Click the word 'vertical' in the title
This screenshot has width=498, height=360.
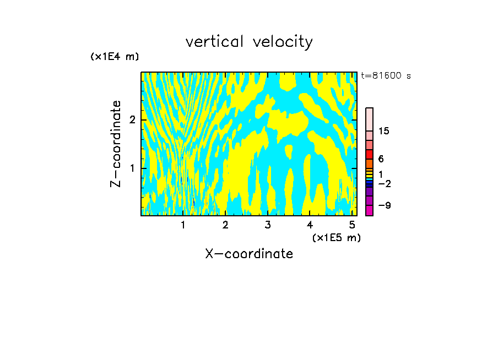215,42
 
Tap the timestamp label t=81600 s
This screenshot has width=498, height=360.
386,76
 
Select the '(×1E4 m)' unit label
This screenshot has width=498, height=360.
115,57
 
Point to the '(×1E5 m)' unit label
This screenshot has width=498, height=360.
337,237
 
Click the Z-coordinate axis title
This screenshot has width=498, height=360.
116,144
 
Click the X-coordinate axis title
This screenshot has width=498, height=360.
249,254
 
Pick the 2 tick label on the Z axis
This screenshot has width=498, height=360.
132,120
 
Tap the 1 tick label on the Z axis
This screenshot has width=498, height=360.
132,168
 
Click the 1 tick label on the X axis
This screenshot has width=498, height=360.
183,225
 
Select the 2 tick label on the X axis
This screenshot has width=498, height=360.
225,225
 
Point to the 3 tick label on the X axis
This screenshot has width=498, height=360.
268,225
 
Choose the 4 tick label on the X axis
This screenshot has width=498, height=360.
310,225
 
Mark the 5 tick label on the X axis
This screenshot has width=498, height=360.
352,225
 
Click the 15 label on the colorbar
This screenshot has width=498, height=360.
384,131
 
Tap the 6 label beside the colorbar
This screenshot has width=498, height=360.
381,159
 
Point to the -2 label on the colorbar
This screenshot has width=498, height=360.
384,183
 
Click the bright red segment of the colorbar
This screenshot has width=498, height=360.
369,154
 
